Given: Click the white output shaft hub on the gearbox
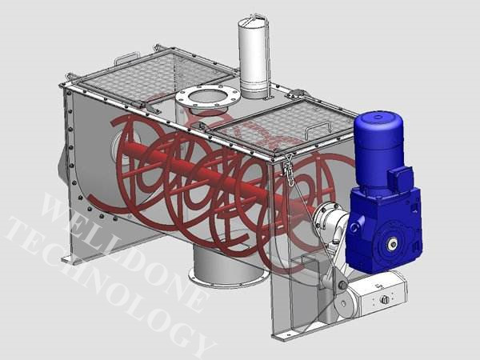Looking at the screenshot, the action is [x=392, y=244].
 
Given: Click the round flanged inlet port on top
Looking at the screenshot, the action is [x=207, y=98].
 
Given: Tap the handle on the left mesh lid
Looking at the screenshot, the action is [x=126, y=58].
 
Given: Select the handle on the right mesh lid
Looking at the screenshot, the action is [x=318, y=128].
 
